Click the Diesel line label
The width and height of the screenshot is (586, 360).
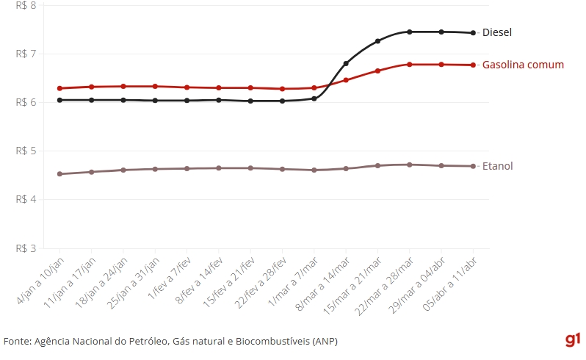pyautogui.click(x=496, y=32)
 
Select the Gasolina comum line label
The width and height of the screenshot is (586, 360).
pyautogui.click(x=523, y=65)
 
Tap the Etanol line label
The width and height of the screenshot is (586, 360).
pyautogui.click(x=497, y=166)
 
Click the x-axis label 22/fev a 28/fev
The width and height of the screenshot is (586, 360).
pyautogui.click(x=264, y=284)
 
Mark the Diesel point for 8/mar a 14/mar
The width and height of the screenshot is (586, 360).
pyautogui.click(x=346, y=64)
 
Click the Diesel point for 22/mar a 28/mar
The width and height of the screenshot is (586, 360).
pyautogui.click(x=410, y=32)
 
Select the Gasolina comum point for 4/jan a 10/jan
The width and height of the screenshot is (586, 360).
pyautogui.click(x=59, y=88)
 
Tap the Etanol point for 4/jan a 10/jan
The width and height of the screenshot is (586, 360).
pyautogui.click(x=59, y=174)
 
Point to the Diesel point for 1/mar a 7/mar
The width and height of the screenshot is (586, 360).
pyautogui.click(x=314, y=98)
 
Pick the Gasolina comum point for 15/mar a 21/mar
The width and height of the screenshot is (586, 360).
pyautogui.click(x=377, y=71)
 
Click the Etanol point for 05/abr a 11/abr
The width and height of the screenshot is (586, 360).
pyautogui.click(x=473, y=166)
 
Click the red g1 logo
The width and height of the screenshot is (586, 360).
pyautogui.click(x=574, y=339)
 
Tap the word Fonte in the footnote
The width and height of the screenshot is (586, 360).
pyautogui.click(x=17, y=342)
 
